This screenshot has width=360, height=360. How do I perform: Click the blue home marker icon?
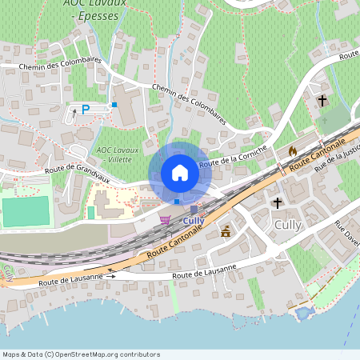coord(180,173)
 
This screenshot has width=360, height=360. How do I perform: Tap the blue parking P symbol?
coord(86,110)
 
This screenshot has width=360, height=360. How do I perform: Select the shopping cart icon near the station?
coord(165,219)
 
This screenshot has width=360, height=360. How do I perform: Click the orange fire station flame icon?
coord(292,150)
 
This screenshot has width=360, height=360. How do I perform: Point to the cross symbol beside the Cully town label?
coord(278,203)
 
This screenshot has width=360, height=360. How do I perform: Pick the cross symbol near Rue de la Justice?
coord(322,102)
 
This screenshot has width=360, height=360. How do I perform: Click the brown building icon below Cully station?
coord(226,232)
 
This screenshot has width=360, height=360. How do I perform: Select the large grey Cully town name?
coord(288,225)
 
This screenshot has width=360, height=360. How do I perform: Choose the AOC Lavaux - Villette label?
coord(118,154)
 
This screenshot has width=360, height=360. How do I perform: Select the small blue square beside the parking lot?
coord(114,104)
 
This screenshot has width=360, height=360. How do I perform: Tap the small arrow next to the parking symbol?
coord(74,112)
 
